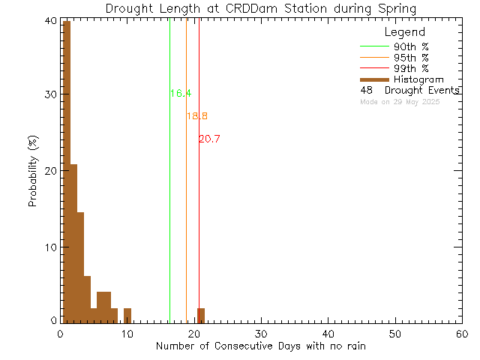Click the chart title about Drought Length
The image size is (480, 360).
262,8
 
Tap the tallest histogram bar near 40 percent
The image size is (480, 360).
66,172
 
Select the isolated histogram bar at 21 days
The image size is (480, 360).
201,314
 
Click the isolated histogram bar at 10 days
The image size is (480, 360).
127,314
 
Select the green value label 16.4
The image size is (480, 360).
180,94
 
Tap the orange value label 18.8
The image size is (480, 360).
196,116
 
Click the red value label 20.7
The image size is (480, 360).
209,139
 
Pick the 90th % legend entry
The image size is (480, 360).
413,46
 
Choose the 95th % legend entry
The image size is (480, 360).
413,58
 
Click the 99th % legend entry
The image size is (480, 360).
413,68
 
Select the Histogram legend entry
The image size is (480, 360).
418,79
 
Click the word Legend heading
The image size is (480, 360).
404,32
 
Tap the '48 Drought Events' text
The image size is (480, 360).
409,91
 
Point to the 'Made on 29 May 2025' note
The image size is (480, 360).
400,101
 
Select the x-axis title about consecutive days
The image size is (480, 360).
262,346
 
